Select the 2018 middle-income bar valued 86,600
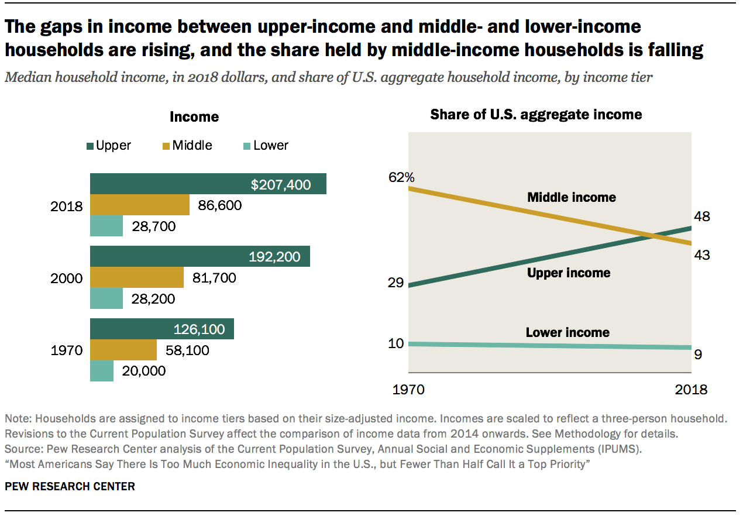139,205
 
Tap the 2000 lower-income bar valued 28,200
106,299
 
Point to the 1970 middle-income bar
123,350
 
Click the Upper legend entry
109,146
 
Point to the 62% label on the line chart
401,177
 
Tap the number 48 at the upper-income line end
701,217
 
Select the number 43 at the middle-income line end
701,255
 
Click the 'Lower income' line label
567,333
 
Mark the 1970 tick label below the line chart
408,390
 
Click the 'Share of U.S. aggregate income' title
536,115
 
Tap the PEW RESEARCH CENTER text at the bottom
70,487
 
